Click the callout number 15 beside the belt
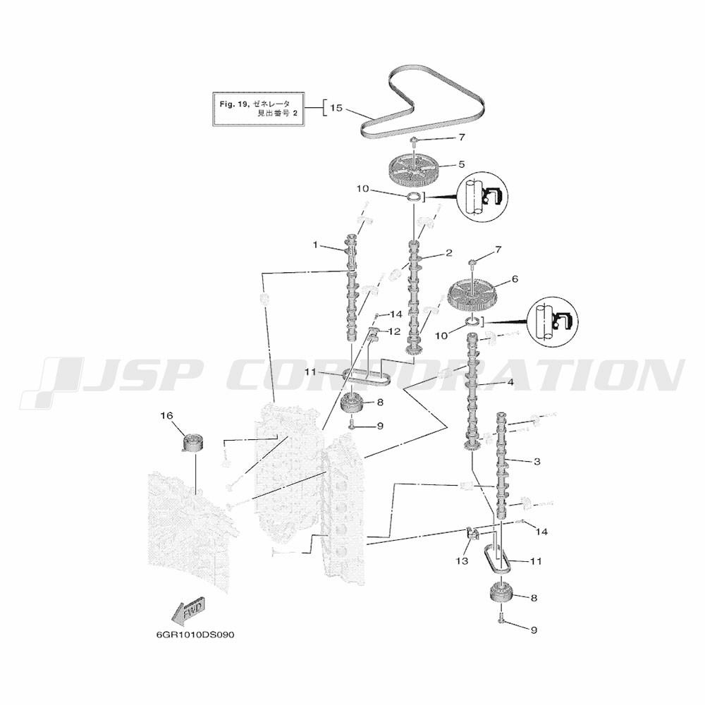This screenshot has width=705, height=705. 336,108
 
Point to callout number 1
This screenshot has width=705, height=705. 317,245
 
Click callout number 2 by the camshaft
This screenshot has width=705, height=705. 448,252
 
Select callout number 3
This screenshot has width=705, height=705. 537,462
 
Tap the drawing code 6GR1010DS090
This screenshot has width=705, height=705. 195,634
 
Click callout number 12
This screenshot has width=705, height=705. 394,331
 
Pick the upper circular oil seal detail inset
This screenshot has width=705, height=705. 484,197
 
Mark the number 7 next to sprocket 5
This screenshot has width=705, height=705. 462,136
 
